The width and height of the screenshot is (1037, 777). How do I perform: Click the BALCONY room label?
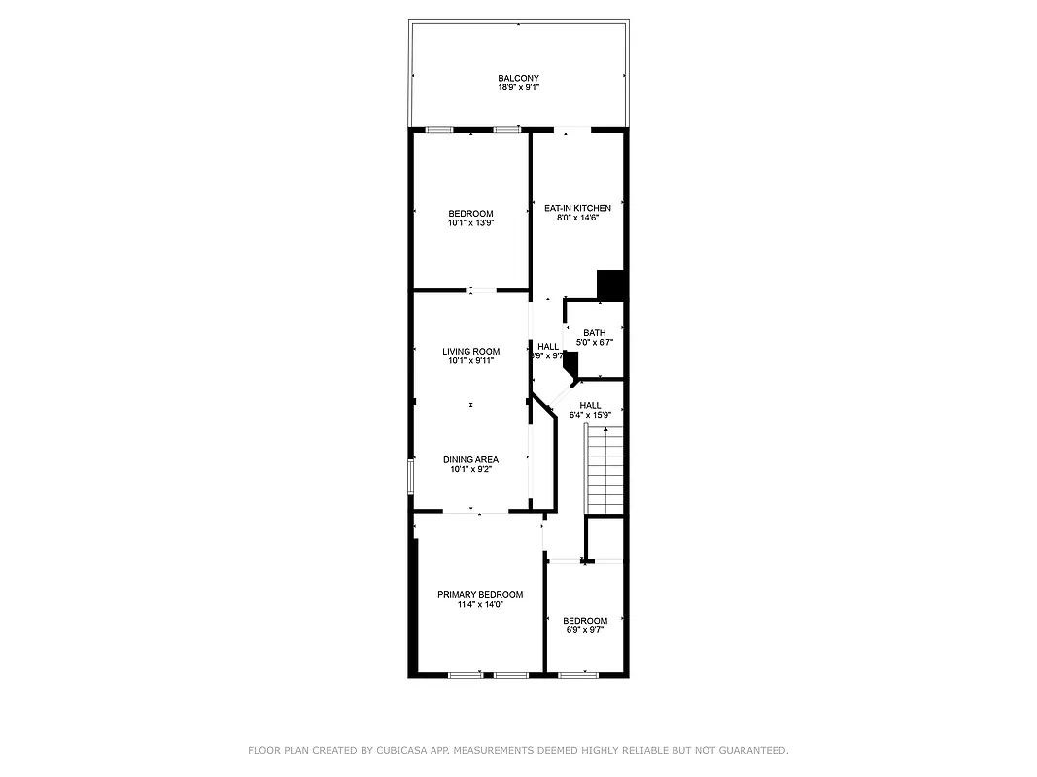(518, 78)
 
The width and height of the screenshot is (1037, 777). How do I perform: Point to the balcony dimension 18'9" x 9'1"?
(518, 87)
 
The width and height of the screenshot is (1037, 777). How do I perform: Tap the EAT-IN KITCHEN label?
(577, 208)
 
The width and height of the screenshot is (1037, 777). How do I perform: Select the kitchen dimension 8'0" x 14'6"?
(577, 218)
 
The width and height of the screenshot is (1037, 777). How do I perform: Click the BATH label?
(594, 333)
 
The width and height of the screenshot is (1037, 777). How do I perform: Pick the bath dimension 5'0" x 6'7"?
(594, 343)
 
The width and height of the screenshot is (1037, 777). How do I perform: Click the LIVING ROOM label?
(470, 352)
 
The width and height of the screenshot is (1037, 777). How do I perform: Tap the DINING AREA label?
(470, 459)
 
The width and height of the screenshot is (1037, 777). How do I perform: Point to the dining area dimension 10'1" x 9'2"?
(470, 469)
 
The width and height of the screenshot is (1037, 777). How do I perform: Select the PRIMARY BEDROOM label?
(480, 594)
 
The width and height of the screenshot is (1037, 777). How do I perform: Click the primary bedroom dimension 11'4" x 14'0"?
(480, 604)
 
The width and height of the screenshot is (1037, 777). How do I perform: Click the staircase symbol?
(605, 472)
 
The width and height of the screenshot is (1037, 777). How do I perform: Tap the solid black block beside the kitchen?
(610, 284)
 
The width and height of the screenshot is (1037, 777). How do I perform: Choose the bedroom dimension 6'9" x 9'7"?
(584, 630)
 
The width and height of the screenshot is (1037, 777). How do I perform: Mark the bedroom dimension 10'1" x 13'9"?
(470, 223)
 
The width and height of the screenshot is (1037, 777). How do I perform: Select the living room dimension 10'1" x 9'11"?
(470, 361)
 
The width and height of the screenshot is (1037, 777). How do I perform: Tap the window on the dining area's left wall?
(411, 476)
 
